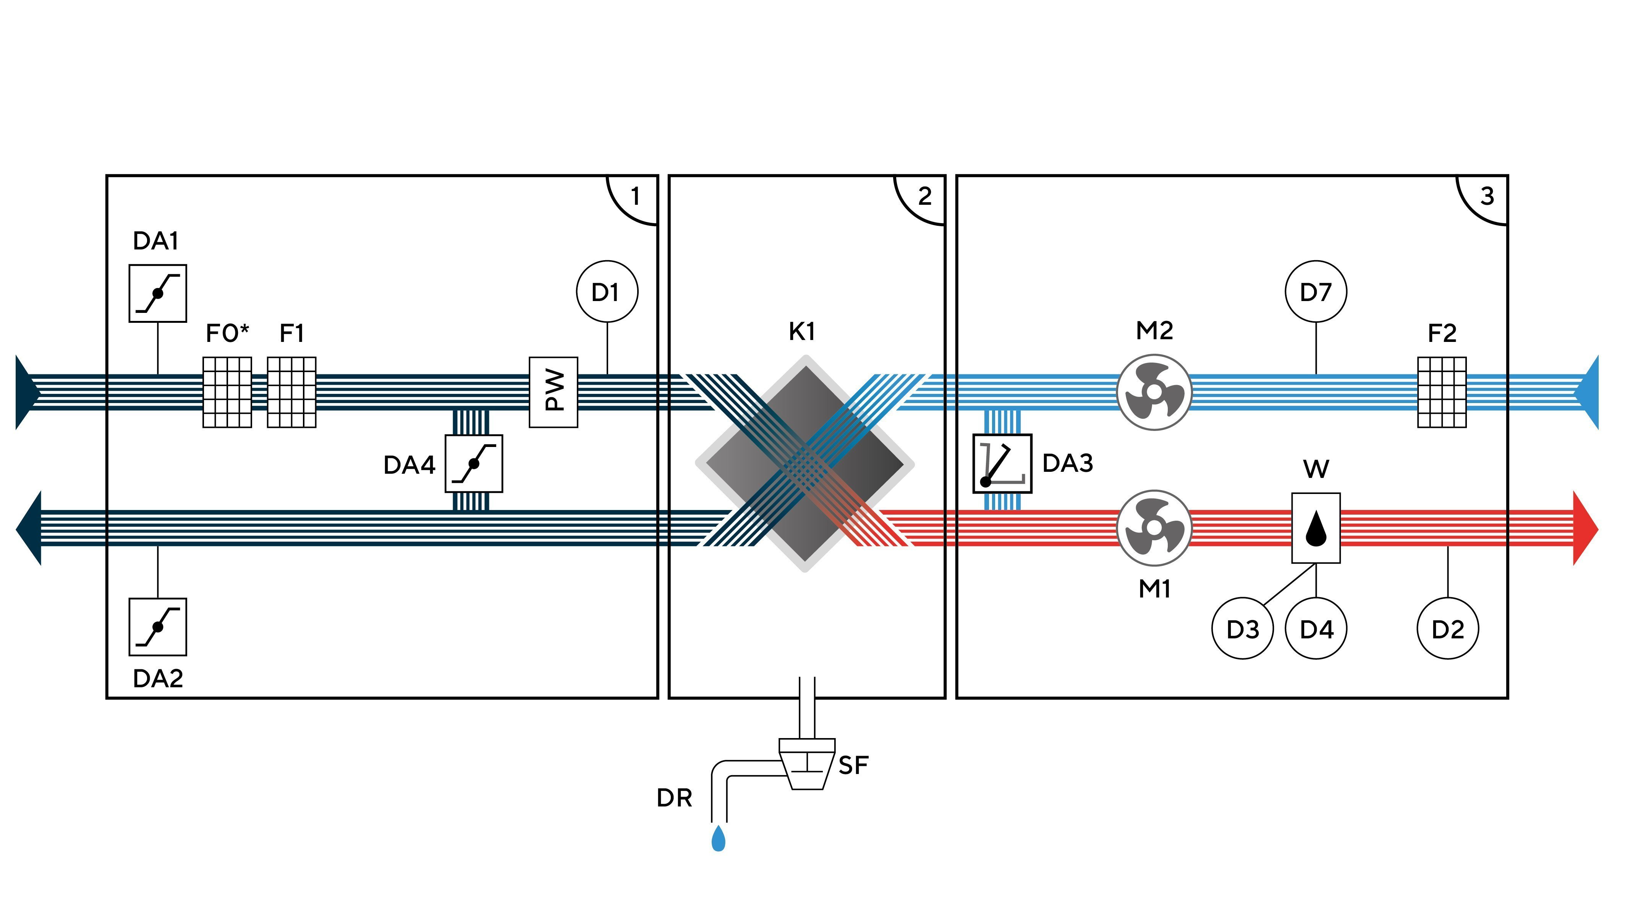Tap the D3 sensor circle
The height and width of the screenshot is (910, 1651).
pos(1242,629)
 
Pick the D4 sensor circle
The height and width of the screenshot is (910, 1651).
pos(1316,629)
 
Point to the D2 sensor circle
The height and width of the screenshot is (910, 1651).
pos(1447,629)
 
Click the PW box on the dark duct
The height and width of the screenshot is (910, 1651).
pos(553,392)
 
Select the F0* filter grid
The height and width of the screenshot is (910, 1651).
pos(227,392)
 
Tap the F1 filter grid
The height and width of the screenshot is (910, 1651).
pos(291,392)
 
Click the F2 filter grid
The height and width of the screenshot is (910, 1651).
pos(1441,392)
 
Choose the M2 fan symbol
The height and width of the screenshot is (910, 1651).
pos(1154,392)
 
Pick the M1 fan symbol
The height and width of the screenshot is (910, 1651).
pos(1154,528)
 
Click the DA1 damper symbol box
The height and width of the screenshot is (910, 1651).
pos(158,293)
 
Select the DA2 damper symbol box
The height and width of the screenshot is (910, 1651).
pos(158,627)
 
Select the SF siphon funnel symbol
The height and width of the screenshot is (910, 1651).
pos(806,764)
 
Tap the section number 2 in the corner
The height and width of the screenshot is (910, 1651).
pos(924,196)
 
